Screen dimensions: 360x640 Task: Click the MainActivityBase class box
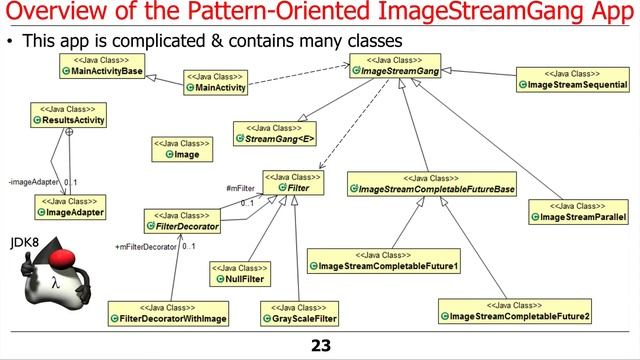coord(102,67)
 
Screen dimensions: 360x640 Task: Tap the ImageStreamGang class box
coord(398,67)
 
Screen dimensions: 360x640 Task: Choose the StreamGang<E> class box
coord(273,133)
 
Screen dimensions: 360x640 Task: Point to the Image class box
coord(181,149)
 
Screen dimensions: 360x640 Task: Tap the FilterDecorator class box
coord(182,221)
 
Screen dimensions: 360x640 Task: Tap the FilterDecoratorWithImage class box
coord(170,312)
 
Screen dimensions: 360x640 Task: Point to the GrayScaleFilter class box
coord(299,312)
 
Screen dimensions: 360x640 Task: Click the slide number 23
coord(320,346)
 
